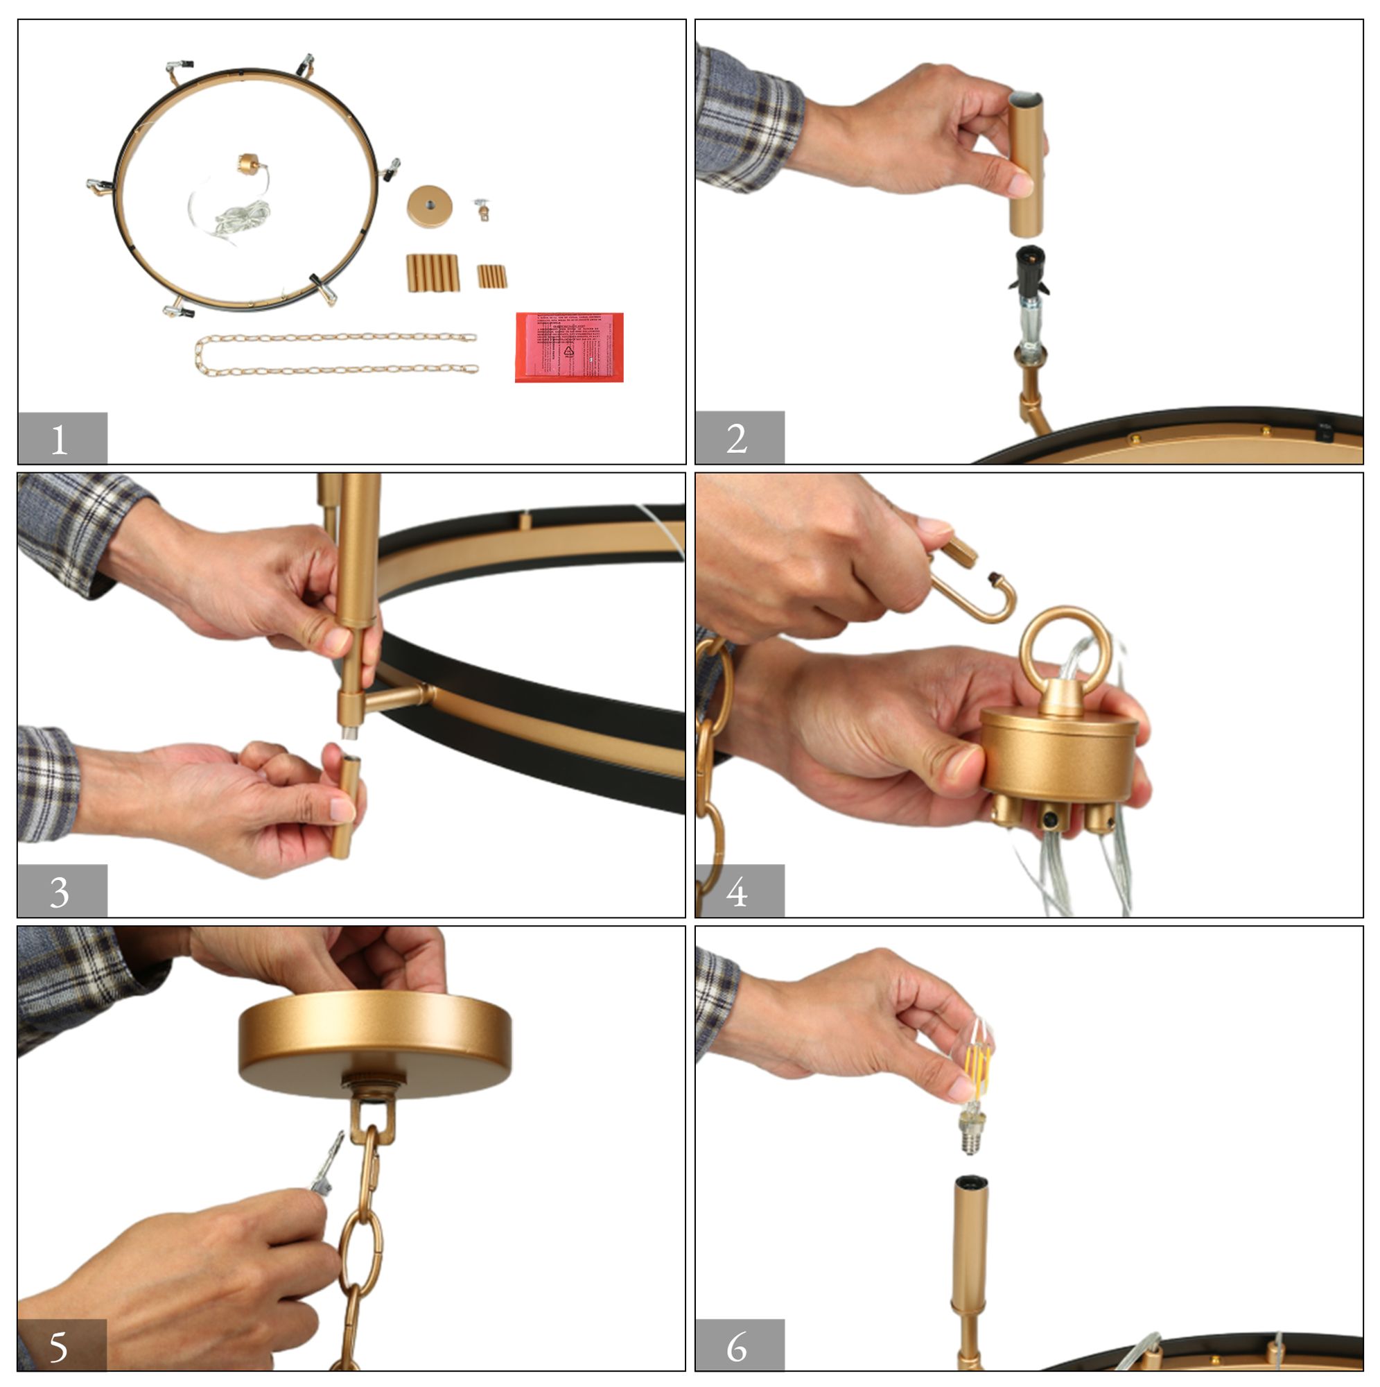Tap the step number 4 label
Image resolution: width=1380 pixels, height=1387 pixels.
click(738, 893)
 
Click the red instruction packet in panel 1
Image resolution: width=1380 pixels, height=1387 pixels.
click(569, 347)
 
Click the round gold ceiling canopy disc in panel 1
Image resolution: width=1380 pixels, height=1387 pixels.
click(429, 207)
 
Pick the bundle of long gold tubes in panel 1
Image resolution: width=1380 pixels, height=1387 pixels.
click(433, 273)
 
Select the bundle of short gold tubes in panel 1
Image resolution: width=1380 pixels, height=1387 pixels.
click(492, 277)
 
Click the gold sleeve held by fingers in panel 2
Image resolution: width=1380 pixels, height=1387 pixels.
click(1027, 165)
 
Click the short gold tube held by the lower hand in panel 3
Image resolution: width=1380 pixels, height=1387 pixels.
click(346, 808)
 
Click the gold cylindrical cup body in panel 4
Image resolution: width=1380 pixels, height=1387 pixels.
click(1058, 757)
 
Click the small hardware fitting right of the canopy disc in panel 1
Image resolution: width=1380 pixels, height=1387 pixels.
click(482, 209)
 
